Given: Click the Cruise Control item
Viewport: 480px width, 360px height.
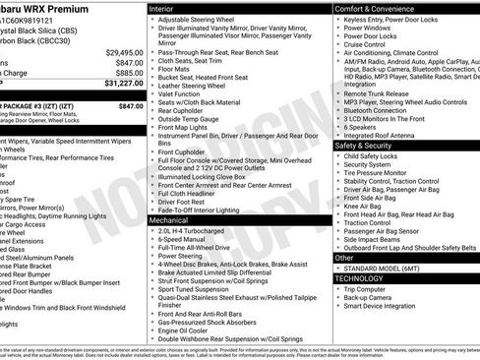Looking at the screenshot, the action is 371,44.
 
